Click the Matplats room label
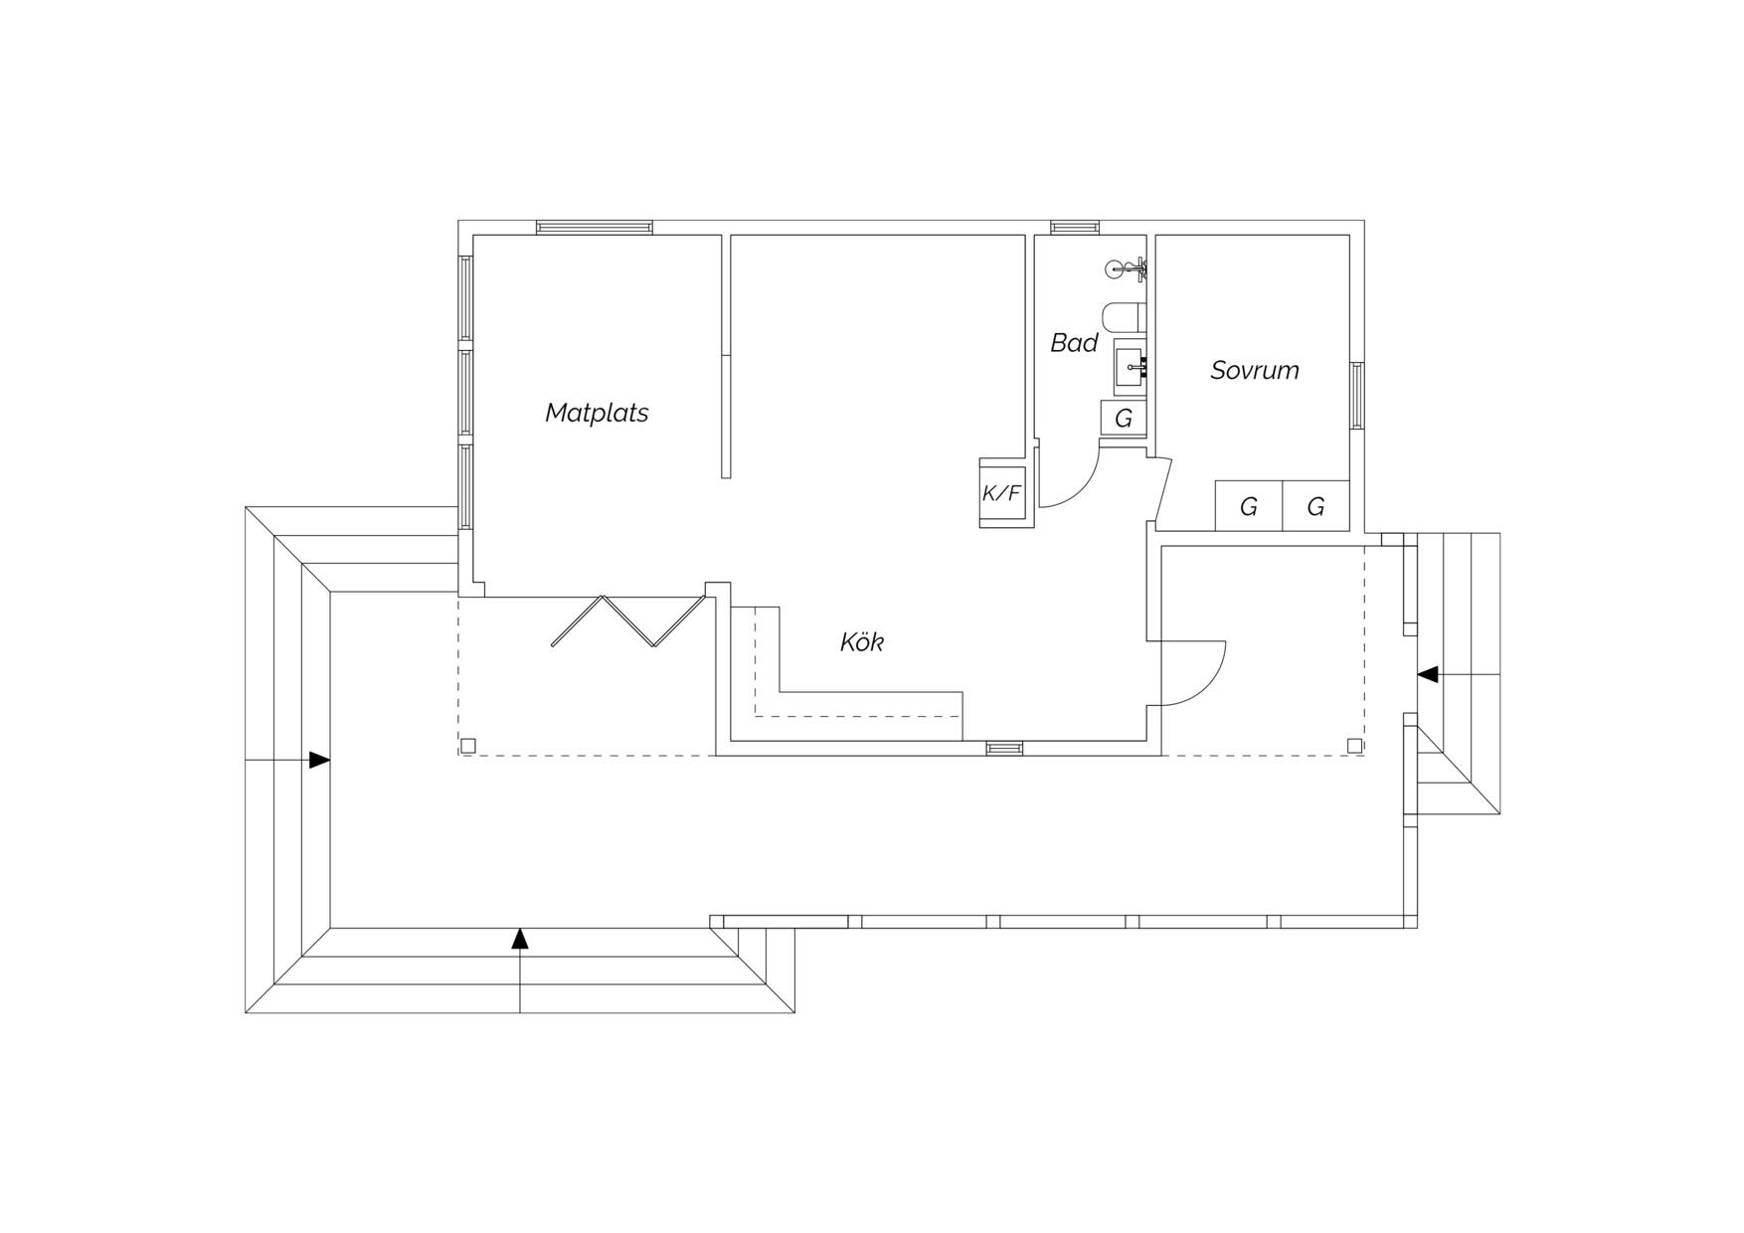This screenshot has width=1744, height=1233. (597, 413)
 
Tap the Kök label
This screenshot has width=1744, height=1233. (862, 642)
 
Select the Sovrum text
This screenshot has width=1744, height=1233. (1255, 370)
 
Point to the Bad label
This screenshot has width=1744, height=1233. (1074, 343)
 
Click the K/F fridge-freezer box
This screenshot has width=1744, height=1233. (1002, 492)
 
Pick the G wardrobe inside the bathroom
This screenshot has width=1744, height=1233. (1124, 419)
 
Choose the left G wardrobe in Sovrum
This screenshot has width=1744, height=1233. (1249, 506)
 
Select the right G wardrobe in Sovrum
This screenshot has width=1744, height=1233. (1315, 506)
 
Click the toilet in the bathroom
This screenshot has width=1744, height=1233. (1125, 317)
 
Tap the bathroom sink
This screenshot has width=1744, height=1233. (1131, 367)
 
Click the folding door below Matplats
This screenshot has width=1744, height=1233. (628, 621)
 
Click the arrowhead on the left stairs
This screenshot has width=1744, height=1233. (319, 760)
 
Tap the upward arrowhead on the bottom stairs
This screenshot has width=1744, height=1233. (519, 939)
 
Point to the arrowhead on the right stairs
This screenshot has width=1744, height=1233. (1427, 674)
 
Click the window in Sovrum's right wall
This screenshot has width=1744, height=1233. (1356, 396)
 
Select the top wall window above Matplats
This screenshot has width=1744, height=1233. (595, 228)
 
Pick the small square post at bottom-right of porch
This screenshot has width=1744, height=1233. (1354, 746)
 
